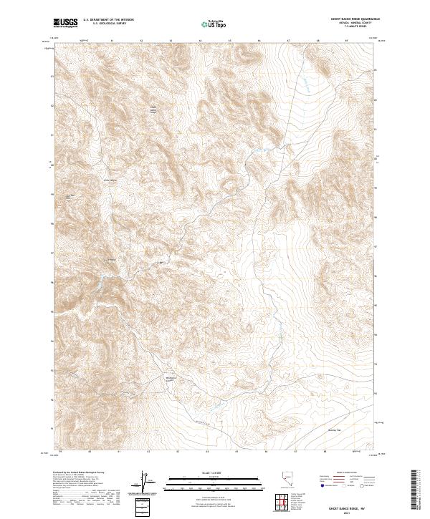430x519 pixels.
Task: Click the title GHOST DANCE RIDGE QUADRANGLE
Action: [x=340, y=19]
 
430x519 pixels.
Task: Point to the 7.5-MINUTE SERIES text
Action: [x=340, y=29]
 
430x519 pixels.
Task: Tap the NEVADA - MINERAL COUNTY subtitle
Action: [x=340, y=24]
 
